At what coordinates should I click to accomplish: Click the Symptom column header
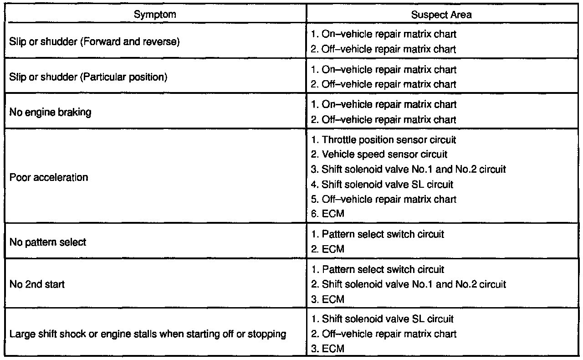click(x=155, y=15)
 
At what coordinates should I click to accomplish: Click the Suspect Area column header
click(x=441, y=15)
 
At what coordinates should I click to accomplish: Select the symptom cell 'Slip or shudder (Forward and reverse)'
click(x=95, y=41)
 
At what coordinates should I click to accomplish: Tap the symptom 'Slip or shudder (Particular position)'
click(x=88, y=77)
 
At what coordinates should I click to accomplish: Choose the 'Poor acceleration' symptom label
click(x=49, y=177)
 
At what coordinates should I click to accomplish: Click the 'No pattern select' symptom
click(x=48, y=242)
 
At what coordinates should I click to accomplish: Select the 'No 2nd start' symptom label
click(x=37, y=284)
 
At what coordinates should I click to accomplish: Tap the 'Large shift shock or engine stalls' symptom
click(x=148, y=334)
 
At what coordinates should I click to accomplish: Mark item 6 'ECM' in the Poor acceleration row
click(x=327, y=214)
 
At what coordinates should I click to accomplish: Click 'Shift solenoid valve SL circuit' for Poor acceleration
click(x=382, y=184)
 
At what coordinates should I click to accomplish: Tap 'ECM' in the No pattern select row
click(x=327, y=249)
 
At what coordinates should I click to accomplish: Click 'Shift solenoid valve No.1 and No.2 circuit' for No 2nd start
click(x=408, y=284)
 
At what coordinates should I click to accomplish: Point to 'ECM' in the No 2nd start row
click(x=327, y=299)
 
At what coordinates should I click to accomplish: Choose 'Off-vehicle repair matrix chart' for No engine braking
click(x=383, y=119)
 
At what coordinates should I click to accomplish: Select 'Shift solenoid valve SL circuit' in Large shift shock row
click(x=382, y=319)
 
